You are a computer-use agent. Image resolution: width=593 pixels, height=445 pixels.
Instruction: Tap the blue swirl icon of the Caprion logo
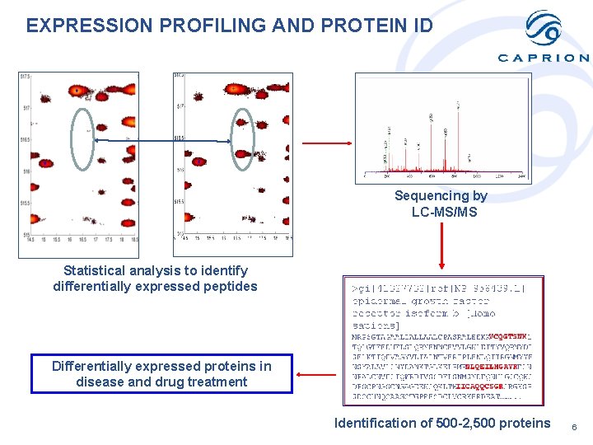(544, 28)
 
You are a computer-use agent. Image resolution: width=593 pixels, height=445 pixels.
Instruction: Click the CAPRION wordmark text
(544, 58)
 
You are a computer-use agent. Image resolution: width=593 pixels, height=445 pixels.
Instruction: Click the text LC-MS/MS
(444, 213)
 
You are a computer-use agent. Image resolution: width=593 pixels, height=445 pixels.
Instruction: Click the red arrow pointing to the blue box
(317, 374)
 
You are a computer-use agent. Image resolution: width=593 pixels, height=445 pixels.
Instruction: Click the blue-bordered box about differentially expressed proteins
(161, 374)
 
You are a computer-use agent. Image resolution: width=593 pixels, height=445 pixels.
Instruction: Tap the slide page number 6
(574, 427)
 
